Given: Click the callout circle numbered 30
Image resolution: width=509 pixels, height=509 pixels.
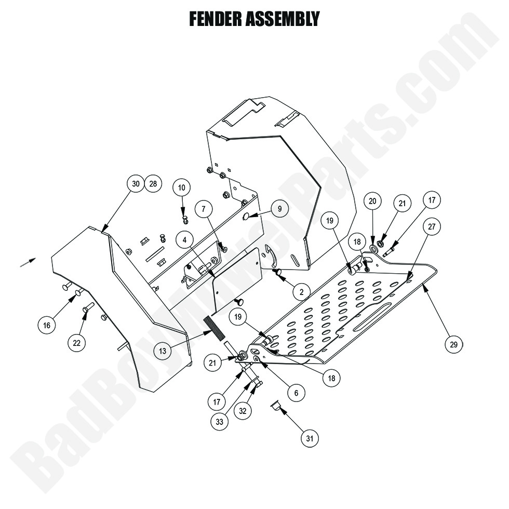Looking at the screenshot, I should pos(136,184).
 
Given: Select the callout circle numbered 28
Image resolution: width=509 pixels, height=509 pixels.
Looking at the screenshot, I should pos(153,184).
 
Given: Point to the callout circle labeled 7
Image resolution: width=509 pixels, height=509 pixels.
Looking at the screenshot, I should pos(204,209).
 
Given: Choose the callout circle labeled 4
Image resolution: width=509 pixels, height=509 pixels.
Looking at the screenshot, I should pos(184,239).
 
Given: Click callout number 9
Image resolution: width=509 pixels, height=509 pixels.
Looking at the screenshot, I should pos(279,209).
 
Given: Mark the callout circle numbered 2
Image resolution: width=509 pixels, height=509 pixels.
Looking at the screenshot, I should pos(301,291).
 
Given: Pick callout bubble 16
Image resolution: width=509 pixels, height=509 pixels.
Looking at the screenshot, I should pos(47,326).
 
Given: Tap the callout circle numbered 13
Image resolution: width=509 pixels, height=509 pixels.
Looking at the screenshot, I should pos(163,351).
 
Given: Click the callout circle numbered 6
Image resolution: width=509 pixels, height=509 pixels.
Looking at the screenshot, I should pos(296,393).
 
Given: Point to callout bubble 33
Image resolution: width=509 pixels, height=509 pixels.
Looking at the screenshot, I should pos(220,422).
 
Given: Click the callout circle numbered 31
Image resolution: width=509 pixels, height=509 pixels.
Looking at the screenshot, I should pos(310,439).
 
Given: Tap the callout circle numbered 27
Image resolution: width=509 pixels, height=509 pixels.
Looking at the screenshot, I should pos(432,226).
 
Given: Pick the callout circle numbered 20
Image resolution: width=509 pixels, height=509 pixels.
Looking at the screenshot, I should pos(372,201).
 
